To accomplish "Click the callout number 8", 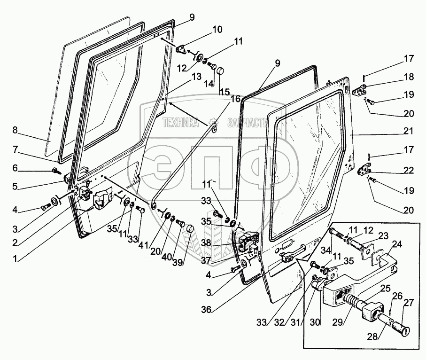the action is pyautogui.click(x=15, y=130).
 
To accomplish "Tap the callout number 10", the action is pyautogui.click(x=217, y=29).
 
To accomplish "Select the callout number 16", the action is pyautogui.click(x=236, y=99).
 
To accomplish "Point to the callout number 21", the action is pyautogui.click(x=409, y=131).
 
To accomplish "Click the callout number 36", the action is pyautogui.click(x=206, y=309).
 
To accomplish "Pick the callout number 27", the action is pyautogui.click(x=409, y=303).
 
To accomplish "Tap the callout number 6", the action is pyautogui.click(x=15, y=168).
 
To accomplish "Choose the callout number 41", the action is pyautogui.click(x=143, y=245).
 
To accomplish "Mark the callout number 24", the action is pyautogui.click(x=397, y=244).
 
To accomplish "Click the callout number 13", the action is pyautogui.click(x=196, y=77).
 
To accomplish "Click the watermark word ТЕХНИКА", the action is pyautogui.click(x=181, y=123).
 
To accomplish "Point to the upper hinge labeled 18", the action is pyautogui.click(x=360, y=90).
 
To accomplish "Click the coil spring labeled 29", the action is pyautogui.click(x=353, y=301).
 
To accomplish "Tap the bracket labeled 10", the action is pyautogui.click(x=181, y=49).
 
